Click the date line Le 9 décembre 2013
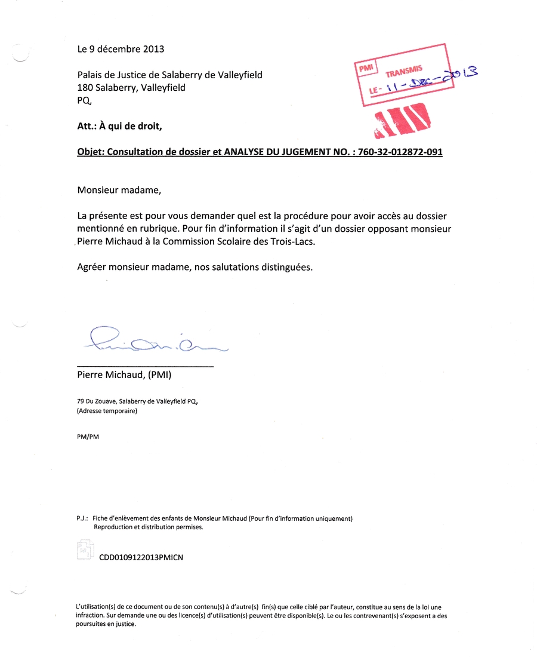(x=121, y=49)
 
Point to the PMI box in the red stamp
(x=365, y=68)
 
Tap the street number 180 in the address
(x=85, y=88)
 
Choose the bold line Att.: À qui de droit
(x=119, y=126)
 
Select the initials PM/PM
(x=88, y=437)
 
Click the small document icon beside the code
(x=85, y=549)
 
